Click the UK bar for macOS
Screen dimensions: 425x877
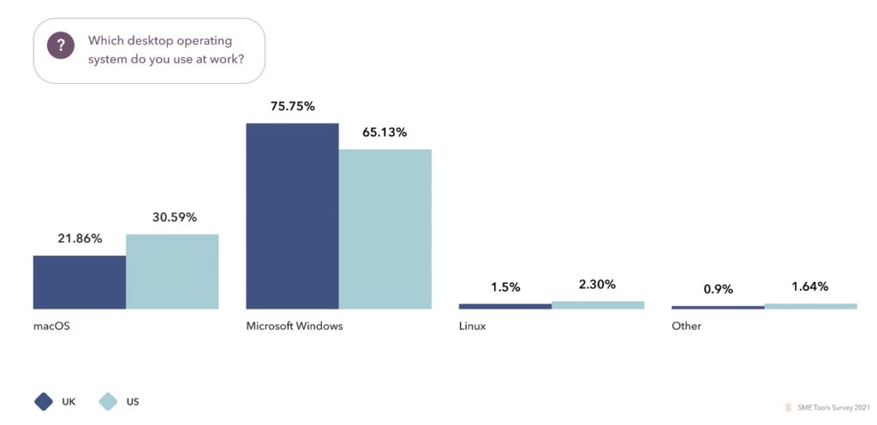click(80, 281)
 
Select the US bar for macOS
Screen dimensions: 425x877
click(172, 271)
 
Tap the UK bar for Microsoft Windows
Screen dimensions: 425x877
click(292, 215)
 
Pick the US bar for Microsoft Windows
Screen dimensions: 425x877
click(385, 228)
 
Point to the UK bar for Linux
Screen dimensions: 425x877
click(505, 306)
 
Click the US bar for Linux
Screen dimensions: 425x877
click(598, 304)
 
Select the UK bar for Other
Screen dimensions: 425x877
click(718, 307)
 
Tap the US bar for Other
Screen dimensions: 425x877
click(810, 306)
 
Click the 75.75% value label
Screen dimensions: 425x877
click(293, 107)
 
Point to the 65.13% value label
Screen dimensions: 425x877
click(385, 133)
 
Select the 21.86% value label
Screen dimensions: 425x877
click(80, 239)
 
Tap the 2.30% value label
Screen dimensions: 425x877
click(597, 285)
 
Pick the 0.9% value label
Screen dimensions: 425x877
click(718, 289)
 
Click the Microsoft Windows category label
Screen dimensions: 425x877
click(294, 327)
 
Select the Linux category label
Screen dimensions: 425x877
click(472, 327)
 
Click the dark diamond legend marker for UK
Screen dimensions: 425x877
click(44, 401)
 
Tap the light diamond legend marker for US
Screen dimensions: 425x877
click(108, 401)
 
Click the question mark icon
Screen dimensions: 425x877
click(60, 46)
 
